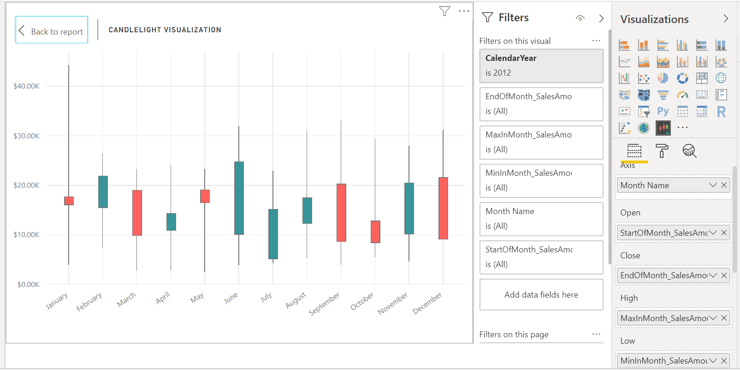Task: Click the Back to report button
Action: (52, 30)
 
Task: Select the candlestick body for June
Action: (239, 198)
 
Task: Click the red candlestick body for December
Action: (443, 208)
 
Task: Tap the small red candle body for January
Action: (69, 201)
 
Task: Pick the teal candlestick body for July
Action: (273, 234)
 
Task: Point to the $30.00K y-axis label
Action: (26, 136)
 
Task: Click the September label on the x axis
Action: (324, 304)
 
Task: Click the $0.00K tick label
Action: (28, 285)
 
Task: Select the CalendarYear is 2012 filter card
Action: (541, 66)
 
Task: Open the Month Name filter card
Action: (541, 219)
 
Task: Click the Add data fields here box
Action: (541, 294)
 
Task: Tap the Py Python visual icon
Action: (663, 111)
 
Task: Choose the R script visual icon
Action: (721, 111)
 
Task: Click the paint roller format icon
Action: (662, 151)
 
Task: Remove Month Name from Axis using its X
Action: (724, 185)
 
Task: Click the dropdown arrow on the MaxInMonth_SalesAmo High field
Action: (713, 318)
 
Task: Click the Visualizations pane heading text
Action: (654, 19)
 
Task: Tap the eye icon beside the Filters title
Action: (580, 18)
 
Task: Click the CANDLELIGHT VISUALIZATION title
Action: (165, 30)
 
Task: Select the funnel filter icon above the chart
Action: (444, 11)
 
